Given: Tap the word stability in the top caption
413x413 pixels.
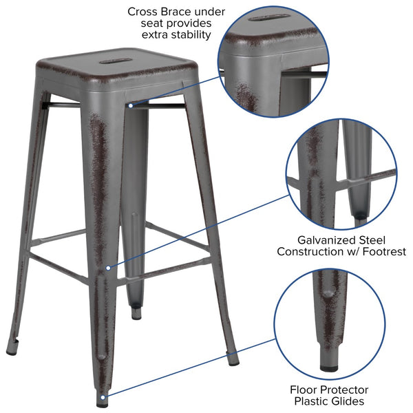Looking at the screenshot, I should point(188,34).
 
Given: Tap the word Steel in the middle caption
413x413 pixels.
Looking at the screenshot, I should point(371,240).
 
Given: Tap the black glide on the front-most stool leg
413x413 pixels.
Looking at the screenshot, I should point(103,395).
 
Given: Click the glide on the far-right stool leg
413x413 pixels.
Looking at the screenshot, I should point(234,359).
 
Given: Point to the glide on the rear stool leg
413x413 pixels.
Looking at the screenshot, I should point(136,315).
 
